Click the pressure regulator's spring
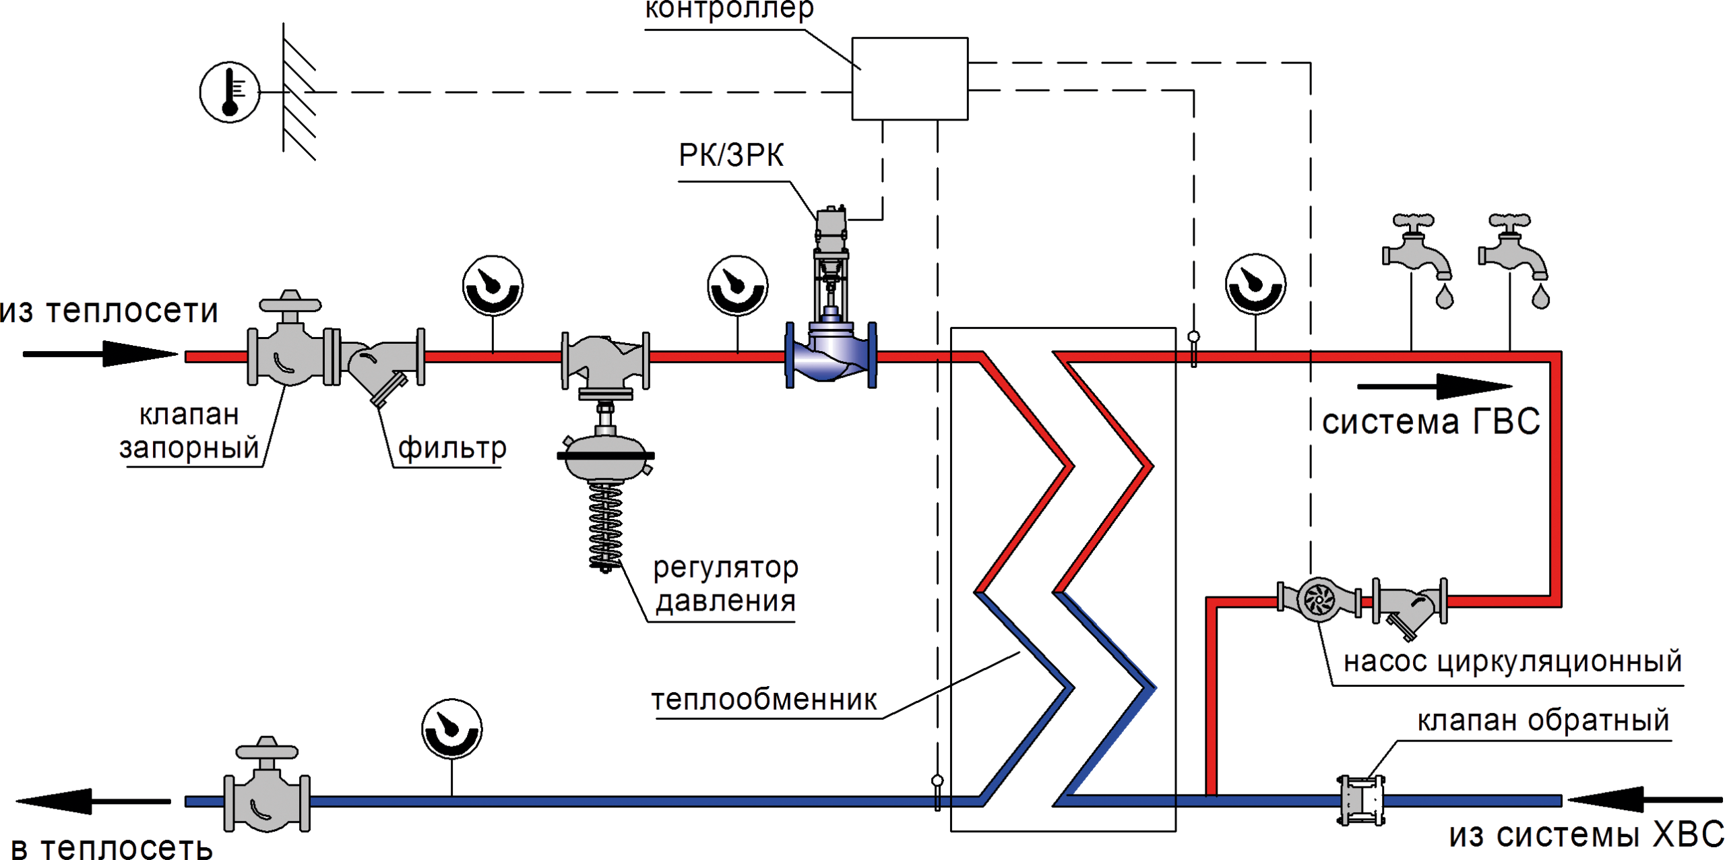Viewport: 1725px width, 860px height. pos(604,526)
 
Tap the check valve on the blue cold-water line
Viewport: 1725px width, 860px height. pos(1352,800)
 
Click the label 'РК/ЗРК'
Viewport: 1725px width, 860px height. pos(731,156)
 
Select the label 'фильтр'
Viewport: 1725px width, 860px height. pos(451,448)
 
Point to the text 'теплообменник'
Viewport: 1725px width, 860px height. pos(763,700)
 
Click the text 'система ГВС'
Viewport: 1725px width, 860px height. pos(1431,422)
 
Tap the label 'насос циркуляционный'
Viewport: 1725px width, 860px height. pos(1513,662)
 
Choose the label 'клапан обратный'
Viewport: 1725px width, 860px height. pos(1543,720)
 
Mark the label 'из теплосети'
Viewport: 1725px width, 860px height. pos(108,311)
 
